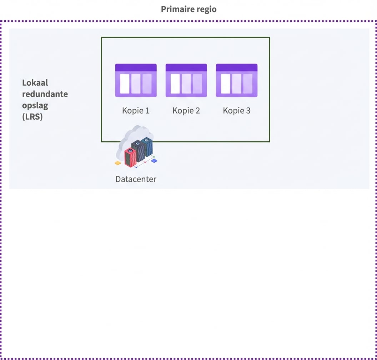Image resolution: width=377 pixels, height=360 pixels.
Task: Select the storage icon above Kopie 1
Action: pyautogui.click(x=136, y=80)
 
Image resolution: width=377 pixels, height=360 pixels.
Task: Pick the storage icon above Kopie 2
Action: pyautogui.click(x=186, y=80)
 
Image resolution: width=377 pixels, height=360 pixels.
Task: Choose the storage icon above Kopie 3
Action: pyautogui.click(x=237, y=80)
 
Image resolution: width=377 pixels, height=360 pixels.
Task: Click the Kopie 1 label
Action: pyautogui.click(x=136, y=111)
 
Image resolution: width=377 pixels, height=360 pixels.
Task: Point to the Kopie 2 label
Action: pyautogui.click(x=186, y=111)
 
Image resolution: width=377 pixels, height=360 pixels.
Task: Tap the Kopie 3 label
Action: pyautogui.click(x=237, y=111)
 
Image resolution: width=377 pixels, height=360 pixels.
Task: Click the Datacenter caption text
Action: pyautogui.click(x=136, y=179)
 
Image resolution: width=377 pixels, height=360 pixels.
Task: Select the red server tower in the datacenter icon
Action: pyautogui.click(x=130, y=157)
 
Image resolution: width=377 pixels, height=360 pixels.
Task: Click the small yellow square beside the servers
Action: pyautogui.click(x=118, y=163)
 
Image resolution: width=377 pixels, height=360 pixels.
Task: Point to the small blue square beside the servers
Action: pyautogui.click(x=154, y=161)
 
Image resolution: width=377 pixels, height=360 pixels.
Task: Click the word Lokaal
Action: pyautogui.click(x=35, y=83)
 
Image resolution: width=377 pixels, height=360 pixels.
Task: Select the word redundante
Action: pyautogui.click(x=45, y=94)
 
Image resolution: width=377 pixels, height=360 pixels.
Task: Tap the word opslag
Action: pyautogui.click(x=35, y=106)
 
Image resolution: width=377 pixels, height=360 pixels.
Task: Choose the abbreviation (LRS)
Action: pyautogui.click(x=32, y=117)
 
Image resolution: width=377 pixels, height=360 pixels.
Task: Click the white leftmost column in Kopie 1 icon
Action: pyautogui.click(x=125, y=84)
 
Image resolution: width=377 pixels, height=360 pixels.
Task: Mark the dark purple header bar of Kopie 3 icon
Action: pyautogui.click(x=237, y=67)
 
